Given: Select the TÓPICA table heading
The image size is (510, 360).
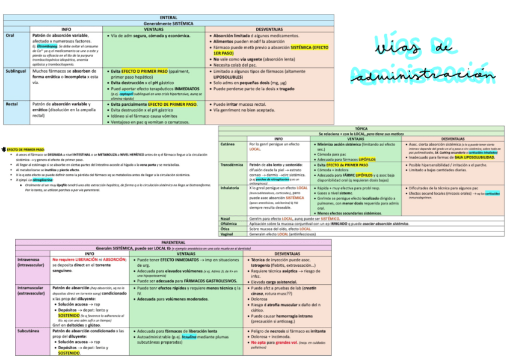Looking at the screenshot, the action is (x=361, y=129).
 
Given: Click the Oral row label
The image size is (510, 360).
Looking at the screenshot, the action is (x=10, y=35).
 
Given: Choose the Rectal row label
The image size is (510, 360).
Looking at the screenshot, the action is (x=12, y=105).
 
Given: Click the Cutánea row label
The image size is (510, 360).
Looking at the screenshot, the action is (x=229, y=144).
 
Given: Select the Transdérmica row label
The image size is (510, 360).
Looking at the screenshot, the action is (x=232, y=165).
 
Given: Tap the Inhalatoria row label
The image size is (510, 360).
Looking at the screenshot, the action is (x=231, y=188).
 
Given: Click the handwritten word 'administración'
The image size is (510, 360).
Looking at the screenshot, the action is (x=426, y=75).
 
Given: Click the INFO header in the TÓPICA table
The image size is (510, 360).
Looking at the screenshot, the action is (x=278, y=139).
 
